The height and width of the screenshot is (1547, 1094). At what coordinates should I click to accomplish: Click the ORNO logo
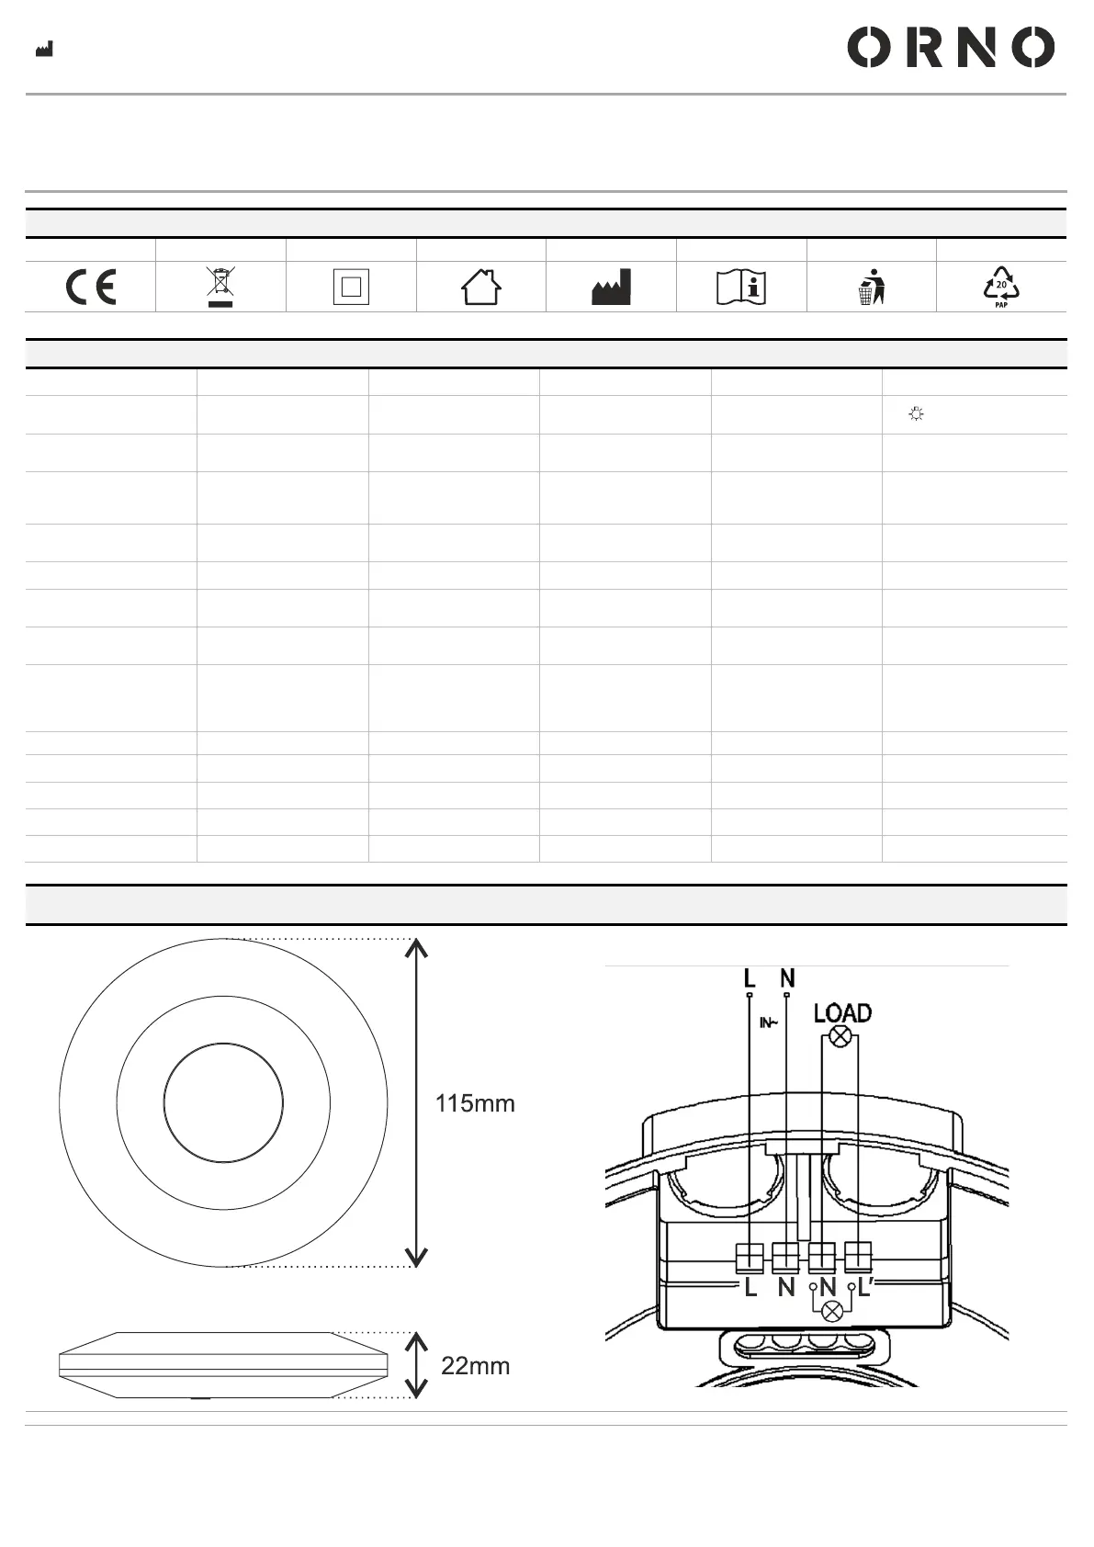pos(951,47)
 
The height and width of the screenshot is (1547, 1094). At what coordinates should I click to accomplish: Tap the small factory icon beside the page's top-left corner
pos(44,49)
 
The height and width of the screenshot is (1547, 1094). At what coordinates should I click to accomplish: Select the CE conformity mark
pos(90,287)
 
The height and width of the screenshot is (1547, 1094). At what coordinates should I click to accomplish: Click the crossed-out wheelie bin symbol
pos(220,287)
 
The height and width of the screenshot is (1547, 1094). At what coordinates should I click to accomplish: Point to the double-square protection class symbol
pos(351,287)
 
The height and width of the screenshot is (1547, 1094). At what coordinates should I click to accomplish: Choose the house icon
pos(481,287)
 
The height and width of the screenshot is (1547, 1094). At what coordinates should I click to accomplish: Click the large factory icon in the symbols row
pos(611,287)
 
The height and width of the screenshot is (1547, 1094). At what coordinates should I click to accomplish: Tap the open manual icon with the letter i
pos(741,287)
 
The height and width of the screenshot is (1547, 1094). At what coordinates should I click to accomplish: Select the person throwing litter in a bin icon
pos(872,287)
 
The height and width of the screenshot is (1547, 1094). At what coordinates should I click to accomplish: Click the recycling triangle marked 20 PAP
pos(1001,287)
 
